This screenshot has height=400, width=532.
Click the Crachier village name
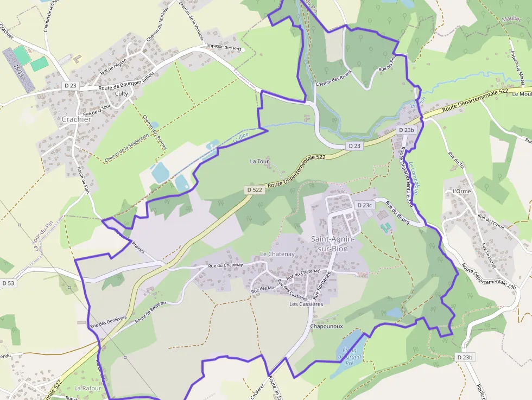point(77,119)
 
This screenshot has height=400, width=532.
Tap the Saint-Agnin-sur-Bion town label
point(333,243)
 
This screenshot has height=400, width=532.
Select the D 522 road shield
point(254,190)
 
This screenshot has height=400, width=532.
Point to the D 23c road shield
point(365,205)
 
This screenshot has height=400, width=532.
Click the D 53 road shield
point(8,283)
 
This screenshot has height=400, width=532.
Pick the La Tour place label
point(259,161)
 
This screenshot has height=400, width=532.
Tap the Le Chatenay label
point(277,254)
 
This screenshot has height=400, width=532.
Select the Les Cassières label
point(306,304)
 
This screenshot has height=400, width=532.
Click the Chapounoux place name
point(326,326)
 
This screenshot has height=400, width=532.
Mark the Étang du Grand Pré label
point(350,356)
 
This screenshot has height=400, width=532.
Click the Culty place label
point(122,93)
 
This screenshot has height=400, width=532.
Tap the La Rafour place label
point(85,388)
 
